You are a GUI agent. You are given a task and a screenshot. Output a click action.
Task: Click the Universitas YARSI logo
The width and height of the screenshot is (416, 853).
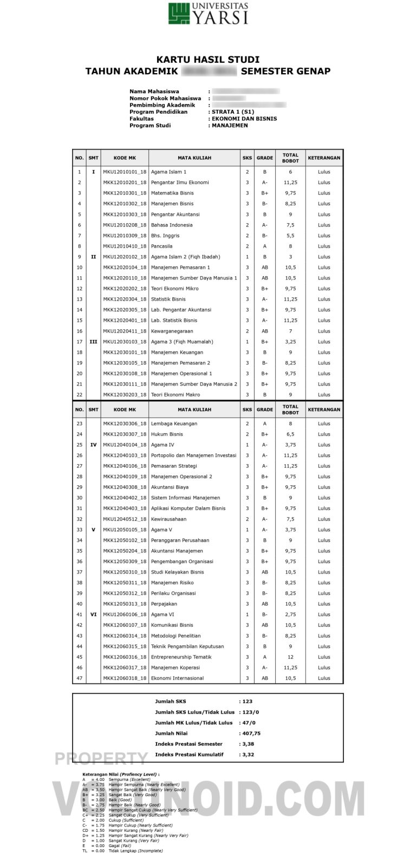[x=208, y=14]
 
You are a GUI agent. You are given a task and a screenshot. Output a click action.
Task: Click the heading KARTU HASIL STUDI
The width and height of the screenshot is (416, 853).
[x=208, y=60]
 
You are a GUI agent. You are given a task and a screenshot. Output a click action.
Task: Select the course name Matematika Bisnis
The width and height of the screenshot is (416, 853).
[x=172, y=193]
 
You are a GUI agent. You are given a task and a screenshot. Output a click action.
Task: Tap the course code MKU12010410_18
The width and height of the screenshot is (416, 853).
[x=125, y=246]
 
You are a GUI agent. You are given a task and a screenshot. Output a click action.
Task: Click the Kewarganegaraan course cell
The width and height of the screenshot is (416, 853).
[x=172, y=331]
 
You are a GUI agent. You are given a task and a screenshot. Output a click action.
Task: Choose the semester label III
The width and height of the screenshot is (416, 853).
[x=93, y=342]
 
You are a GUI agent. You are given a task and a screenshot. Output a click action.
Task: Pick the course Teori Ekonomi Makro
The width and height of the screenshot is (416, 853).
[x=175, y=395]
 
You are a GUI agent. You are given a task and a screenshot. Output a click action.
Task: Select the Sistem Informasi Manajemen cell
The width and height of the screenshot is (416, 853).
[x=185, y=498]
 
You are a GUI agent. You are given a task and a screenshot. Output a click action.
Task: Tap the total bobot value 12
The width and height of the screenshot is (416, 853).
[x=290, y=657]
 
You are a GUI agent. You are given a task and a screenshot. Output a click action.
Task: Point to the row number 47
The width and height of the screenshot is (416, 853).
[x=79, y=678]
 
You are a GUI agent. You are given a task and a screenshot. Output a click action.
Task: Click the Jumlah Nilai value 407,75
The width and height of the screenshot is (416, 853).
[x=251, y=733]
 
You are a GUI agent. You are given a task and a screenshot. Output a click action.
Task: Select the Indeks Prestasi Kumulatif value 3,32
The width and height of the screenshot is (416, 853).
[x=248, y=754]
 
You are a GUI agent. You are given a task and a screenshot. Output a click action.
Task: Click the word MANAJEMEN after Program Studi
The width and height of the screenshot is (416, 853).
[x=230, y=126]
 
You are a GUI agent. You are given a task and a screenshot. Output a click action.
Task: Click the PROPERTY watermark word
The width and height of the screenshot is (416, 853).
[x=101, y=759]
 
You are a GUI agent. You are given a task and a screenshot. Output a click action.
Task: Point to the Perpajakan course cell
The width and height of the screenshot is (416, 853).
[x=165, y=604]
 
